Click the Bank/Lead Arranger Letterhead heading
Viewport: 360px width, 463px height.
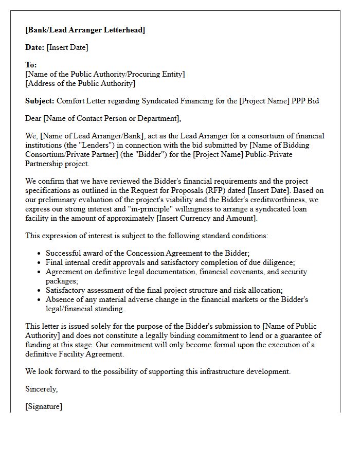[x=85, y=30]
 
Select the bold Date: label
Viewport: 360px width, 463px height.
[x=35, y=47]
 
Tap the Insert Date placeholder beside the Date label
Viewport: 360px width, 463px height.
[x=67, y=47]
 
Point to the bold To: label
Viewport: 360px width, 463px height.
[x=31, y=65]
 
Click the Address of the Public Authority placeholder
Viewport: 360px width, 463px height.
[x=80, y=83]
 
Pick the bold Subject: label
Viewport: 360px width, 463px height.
[x=40, y=101]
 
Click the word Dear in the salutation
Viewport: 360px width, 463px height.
[x=33, y=118]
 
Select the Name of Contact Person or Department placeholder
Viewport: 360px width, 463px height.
[x=112, y=118]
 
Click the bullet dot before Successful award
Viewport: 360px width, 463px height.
[x=40, y=254]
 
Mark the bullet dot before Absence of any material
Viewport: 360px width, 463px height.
[x=40, y=300]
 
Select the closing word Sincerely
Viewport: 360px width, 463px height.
[x=42, y=389]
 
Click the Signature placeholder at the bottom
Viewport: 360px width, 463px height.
[x=44, y=406]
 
